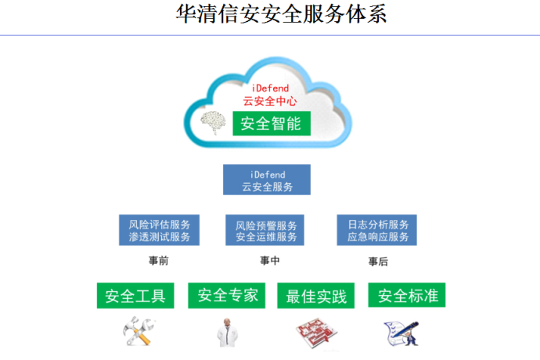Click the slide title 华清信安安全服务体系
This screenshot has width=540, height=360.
tap(281, 14)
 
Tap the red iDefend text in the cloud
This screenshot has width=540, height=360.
tap(270, 88)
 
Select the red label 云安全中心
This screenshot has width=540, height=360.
tap(270, 101)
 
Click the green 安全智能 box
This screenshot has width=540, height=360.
tap(272, 124)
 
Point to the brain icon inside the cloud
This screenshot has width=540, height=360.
tap(213, 122)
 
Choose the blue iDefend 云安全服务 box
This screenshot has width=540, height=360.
tap(267, 179)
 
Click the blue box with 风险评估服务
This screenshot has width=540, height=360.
tap(159, 230)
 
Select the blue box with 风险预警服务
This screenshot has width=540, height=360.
tap(265, 230)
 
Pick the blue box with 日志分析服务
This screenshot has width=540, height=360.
tap(376, 230)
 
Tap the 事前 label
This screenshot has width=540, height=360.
tap(158, 261)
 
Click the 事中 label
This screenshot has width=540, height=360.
tap(270, 261)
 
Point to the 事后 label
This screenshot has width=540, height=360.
tap(378, 262)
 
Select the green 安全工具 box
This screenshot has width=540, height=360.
tap(135, 296)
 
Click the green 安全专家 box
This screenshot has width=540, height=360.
tap(227, 296)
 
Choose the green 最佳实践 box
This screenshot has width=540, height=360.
tap(316, 296)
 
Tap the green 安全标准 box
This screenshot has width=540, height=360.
tap(407, 295)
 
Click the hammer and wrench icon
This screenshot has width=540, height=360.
tap(139, 331)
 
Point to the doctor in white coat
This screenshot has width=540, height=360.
tap(227, 333)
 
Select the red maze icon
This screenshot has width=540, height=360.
tap(316, 333)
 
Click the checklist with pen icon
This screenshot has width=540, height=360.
tap(401, 333)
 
